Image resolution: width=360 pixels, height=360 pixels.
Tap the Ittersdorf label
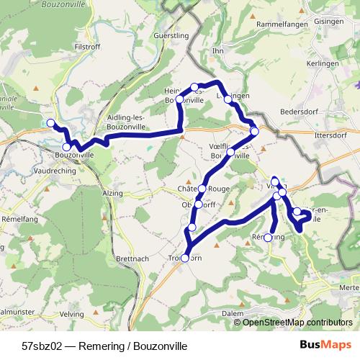pos(332,134)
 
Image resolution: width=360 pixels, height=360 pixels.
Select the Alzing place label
pos(113,194)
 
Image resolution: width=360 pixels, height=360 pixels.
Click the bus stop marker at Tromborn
pos(185,258)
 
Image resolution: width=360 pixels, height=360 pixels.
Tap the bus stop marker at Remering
pos(269,237)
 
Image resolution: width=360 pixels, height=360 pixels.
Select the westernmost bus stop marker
pos(50,123)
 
